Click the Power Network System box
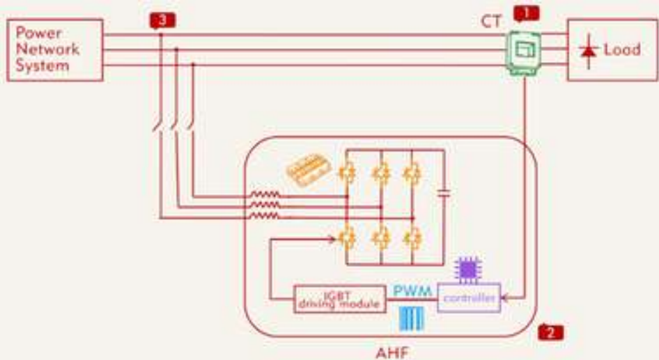tap(55, 49)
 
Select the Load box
tap(611, 49)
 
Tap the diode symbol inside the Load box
tap(589, 51)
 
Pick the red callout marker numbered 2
tap(551, 332)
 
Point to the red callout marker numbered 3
tap(162, 20)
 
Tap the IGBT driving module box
tap(339, 299)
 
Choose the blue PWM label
tap(412, 290)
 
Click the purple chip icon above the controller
tap(467, 269)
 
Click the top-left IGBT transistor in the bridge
tap(346, 171)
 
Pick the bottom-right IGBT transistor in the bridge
tap(412, 238)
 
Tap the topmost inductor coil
tap(265, 196)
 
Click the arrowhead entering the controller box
tap(503, 299)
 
